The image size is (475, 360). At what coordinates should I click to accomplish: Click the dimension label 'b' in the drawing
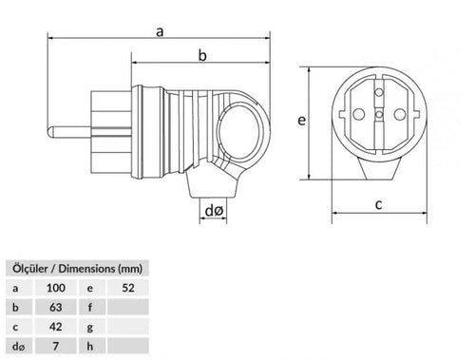click(x=201, y=56)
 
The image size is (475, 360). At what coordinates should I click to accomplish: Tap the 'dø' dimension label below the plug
click(x=214, y=209)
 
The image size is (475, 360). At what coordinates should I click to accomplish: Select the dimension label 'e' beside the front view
click(x=299, y=122)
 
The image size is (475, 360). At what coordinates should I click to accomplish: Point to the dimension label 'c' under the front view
click(x=378, y=203)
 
